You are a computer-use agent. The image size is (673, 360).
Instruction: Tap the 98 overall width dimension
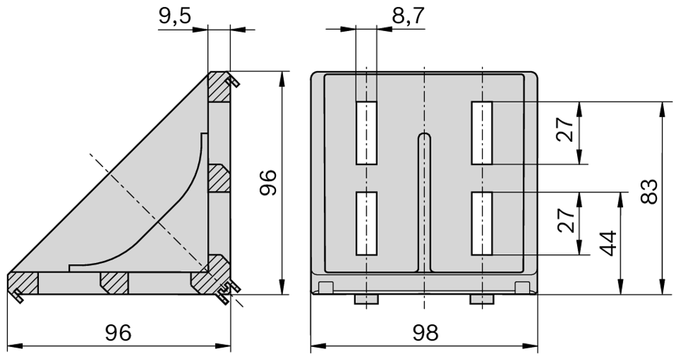coord(424,332)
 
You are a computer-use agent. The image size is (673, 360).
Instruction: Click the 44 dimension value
coord(607,243)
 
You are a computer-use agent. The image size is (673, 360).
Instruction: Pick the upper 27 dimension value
coord(565,131)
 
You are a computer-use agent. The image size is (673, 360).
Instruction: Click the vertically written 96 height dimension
coord(268,183)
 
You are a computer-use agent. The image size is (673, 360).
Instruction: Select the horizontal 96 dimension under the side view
coord(118,332)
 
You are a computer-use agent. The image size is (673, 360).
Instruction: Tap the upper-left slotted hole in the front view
coord(366,133)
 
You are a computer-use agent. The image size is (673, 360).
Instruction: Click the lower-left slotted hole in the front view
coord(366,223)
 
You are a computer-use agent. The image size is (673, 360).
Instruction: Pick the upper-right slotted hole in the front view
coord(482,133)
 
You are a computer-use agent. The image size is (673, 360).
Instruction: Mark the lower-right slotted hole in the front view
coord(482,223)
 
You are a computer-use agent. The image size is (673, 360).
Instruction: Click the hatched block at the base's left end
coord(23,284)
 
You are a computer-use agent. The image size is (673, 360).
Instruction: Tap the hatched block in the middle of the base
coord(115,282)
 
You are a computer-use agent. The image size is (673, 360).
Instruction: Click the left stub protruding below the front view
coord(366,299)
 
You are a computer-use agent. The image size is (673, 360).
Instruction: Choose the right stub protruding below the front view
coord(482,299)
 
